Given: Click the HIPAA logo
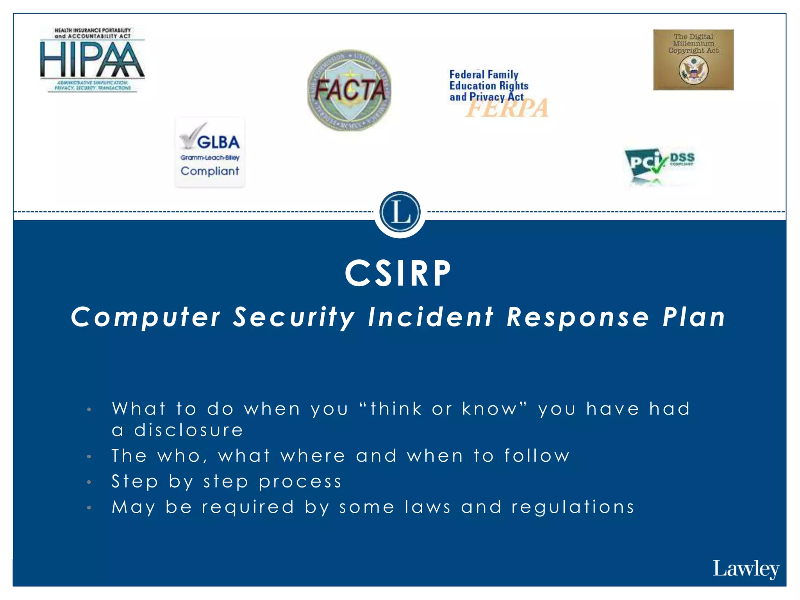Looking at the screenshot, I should point(93,60).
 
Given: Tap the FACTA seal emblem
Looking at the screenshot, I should point(349,90).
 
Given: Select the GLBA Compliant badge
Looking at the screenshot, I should point(210,153).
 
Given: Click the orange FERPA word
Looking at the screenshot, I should point(507,109).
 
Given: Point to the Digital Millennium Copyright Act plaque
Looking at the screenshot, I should point(693,60).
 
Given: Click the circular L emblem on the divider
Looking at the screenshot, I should point(400,212).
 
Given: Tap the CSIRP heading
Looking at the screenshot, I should point(398,273).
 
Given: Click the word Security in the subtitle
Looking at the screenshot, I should point(294,317).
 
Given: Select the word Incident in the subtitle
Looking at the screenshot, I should point(431,317).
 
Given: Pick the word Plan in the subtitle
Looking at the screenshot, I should point(694,317).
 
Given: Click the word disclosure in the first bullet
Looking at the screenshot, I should point(189,430).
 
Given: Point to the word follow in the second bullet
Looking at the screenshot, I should point(537,456).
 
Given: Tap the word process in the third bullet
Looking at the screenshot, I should point(300,482).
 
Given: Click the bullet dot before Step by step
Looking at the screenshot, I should point(89,482).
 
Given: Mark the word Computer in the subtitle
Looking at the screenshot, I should point(146,317).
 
